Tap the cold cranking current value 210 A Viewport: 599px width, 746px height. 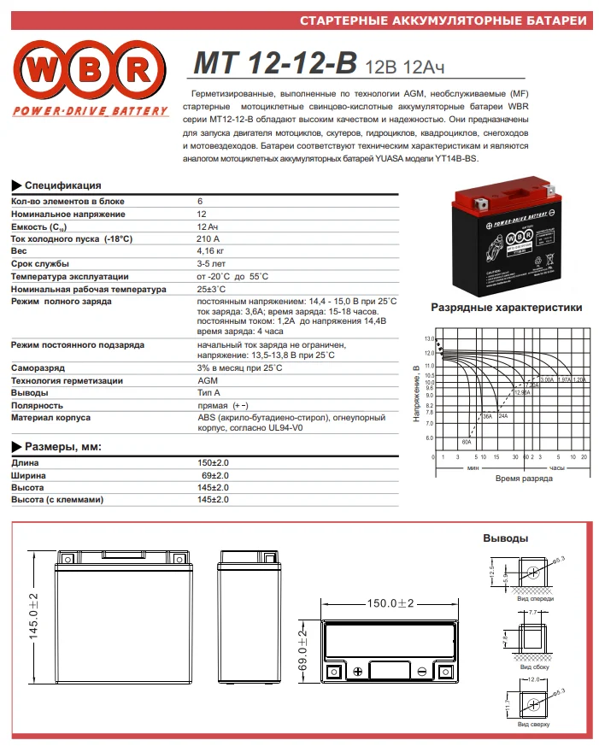tap(208, 238)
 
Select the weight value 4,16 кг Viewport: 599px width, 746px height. tap(210, 251)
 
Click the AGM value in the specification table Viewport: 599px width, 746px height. tap(207, 380)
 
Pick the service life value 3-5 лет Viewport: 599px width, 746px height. tap(211, 264)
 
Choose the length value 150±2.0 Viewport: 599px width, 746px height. tap(213, 462)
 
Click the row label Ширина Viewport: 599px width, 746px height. tap(28, 474)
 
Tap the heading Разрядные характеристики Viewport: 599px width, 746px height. tap(507, 308)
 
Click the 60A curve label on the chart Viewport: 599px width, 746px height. tap(467, 442)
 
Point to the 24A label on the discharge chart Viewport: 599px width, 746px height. tap(503, 415)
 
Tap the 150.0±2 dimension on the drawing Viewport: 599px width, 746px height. tap(390, 603)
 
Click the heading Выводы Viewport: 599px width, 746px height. tap(505, 538)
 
